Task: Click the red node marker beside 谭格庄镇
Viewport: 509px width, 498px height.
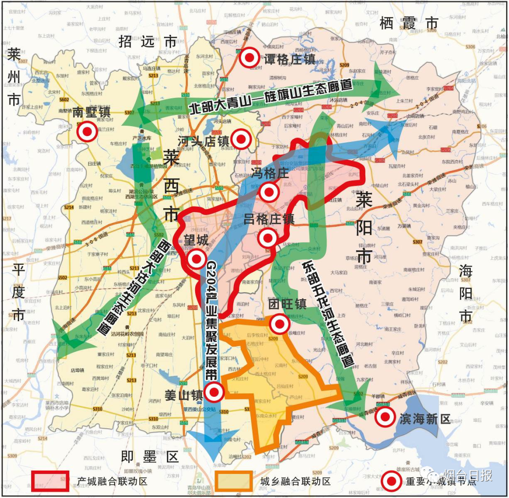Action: (x=250, y=58)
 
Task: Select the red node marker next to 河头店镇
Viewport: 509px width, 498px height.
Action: (x=241, y=139)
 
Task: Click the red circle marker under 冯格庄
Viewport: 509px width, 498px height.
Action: (x=269, y=191)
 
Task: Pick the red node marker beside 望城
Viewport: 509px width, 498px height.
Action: (x=197, y=258)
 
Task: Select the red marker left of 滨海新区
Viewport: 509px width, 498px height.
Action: (x=385, y=417)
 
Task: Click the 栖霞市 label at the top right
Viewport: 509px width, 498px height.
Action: (x=409, y=23)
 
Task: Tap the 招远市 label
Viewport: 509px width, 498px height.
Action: (x=147, y=41)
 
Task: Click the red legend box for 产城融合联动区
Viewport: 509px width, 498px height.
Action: (x=50, y=481)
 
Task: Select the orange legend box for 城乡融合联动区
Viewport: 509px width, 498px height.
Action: (x=234, y=481)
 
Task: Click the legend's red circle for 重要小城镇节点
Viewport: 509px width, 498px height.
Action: (x=391, y=481)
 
